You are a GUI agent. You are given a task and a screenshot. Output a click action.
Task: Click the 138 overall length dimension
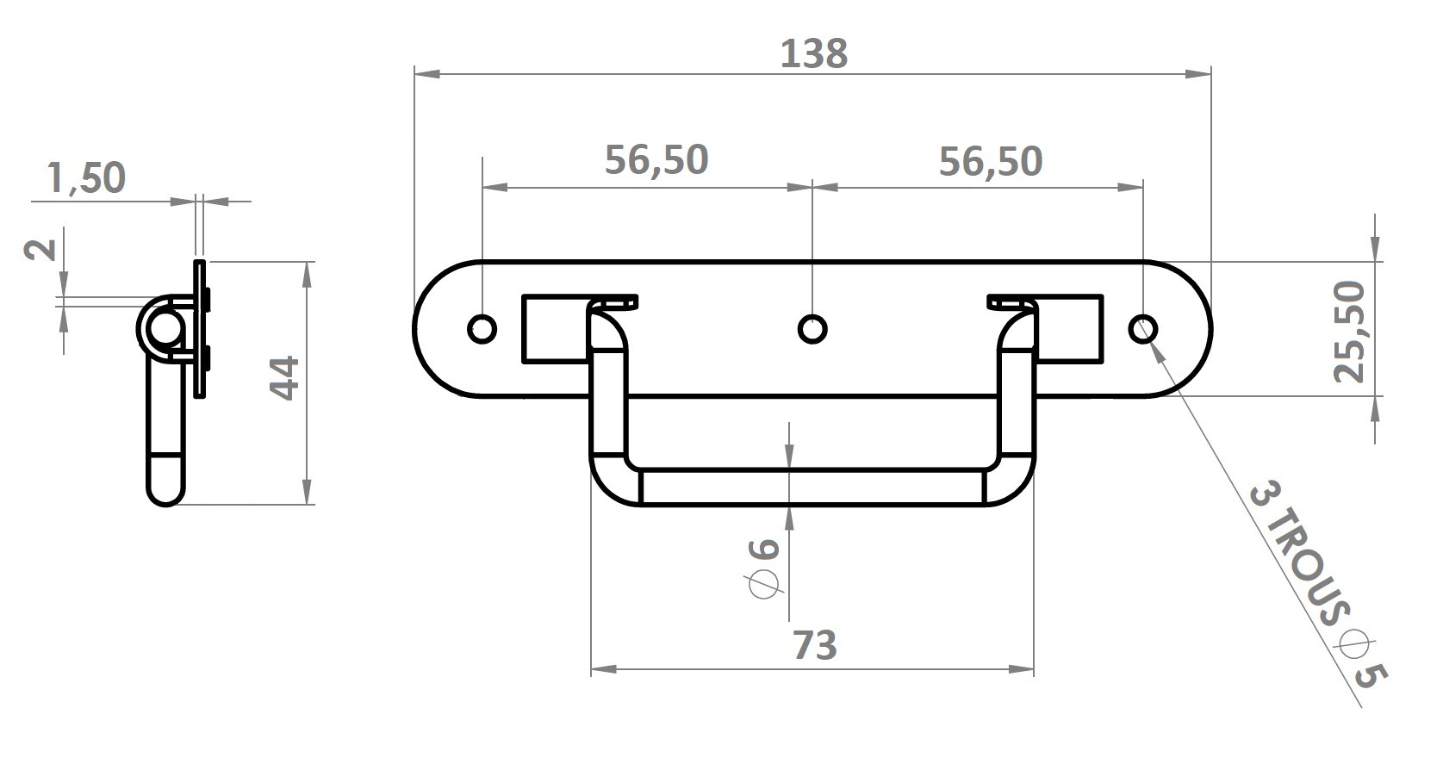pyautogui.click(x=813, y=53)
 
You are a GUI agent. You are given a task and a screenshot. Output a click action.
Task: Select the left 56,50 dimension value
pyautogui.click(x=656, y=159)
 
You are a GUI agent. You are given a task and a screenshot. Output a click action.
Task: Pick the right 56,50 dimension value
pyautogui.click(x=990, y=162)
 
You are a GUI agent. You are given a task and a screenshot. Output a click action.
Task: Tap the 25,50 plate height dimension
pyautogui.click(x=1350, y=332)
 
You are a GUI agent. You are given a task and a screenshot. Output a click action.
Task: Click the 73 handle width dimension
pyautogui.click(x=815, y=645)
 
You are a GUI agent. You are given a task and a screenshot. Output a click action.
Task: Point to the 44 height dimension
pyautogui.click(x=284, y=378)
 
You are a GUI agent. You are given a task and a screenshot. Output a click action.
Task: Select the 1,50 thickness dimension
pyautogui.click(x=86, y=177)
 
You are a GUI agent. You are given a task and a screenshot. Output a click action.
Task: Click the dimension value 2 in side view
pyautogui.click(x=40, y=249)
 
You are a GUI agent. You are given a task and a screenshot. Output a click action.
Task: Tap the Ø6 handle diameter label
pyautogui.click(x=765, y=568)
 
